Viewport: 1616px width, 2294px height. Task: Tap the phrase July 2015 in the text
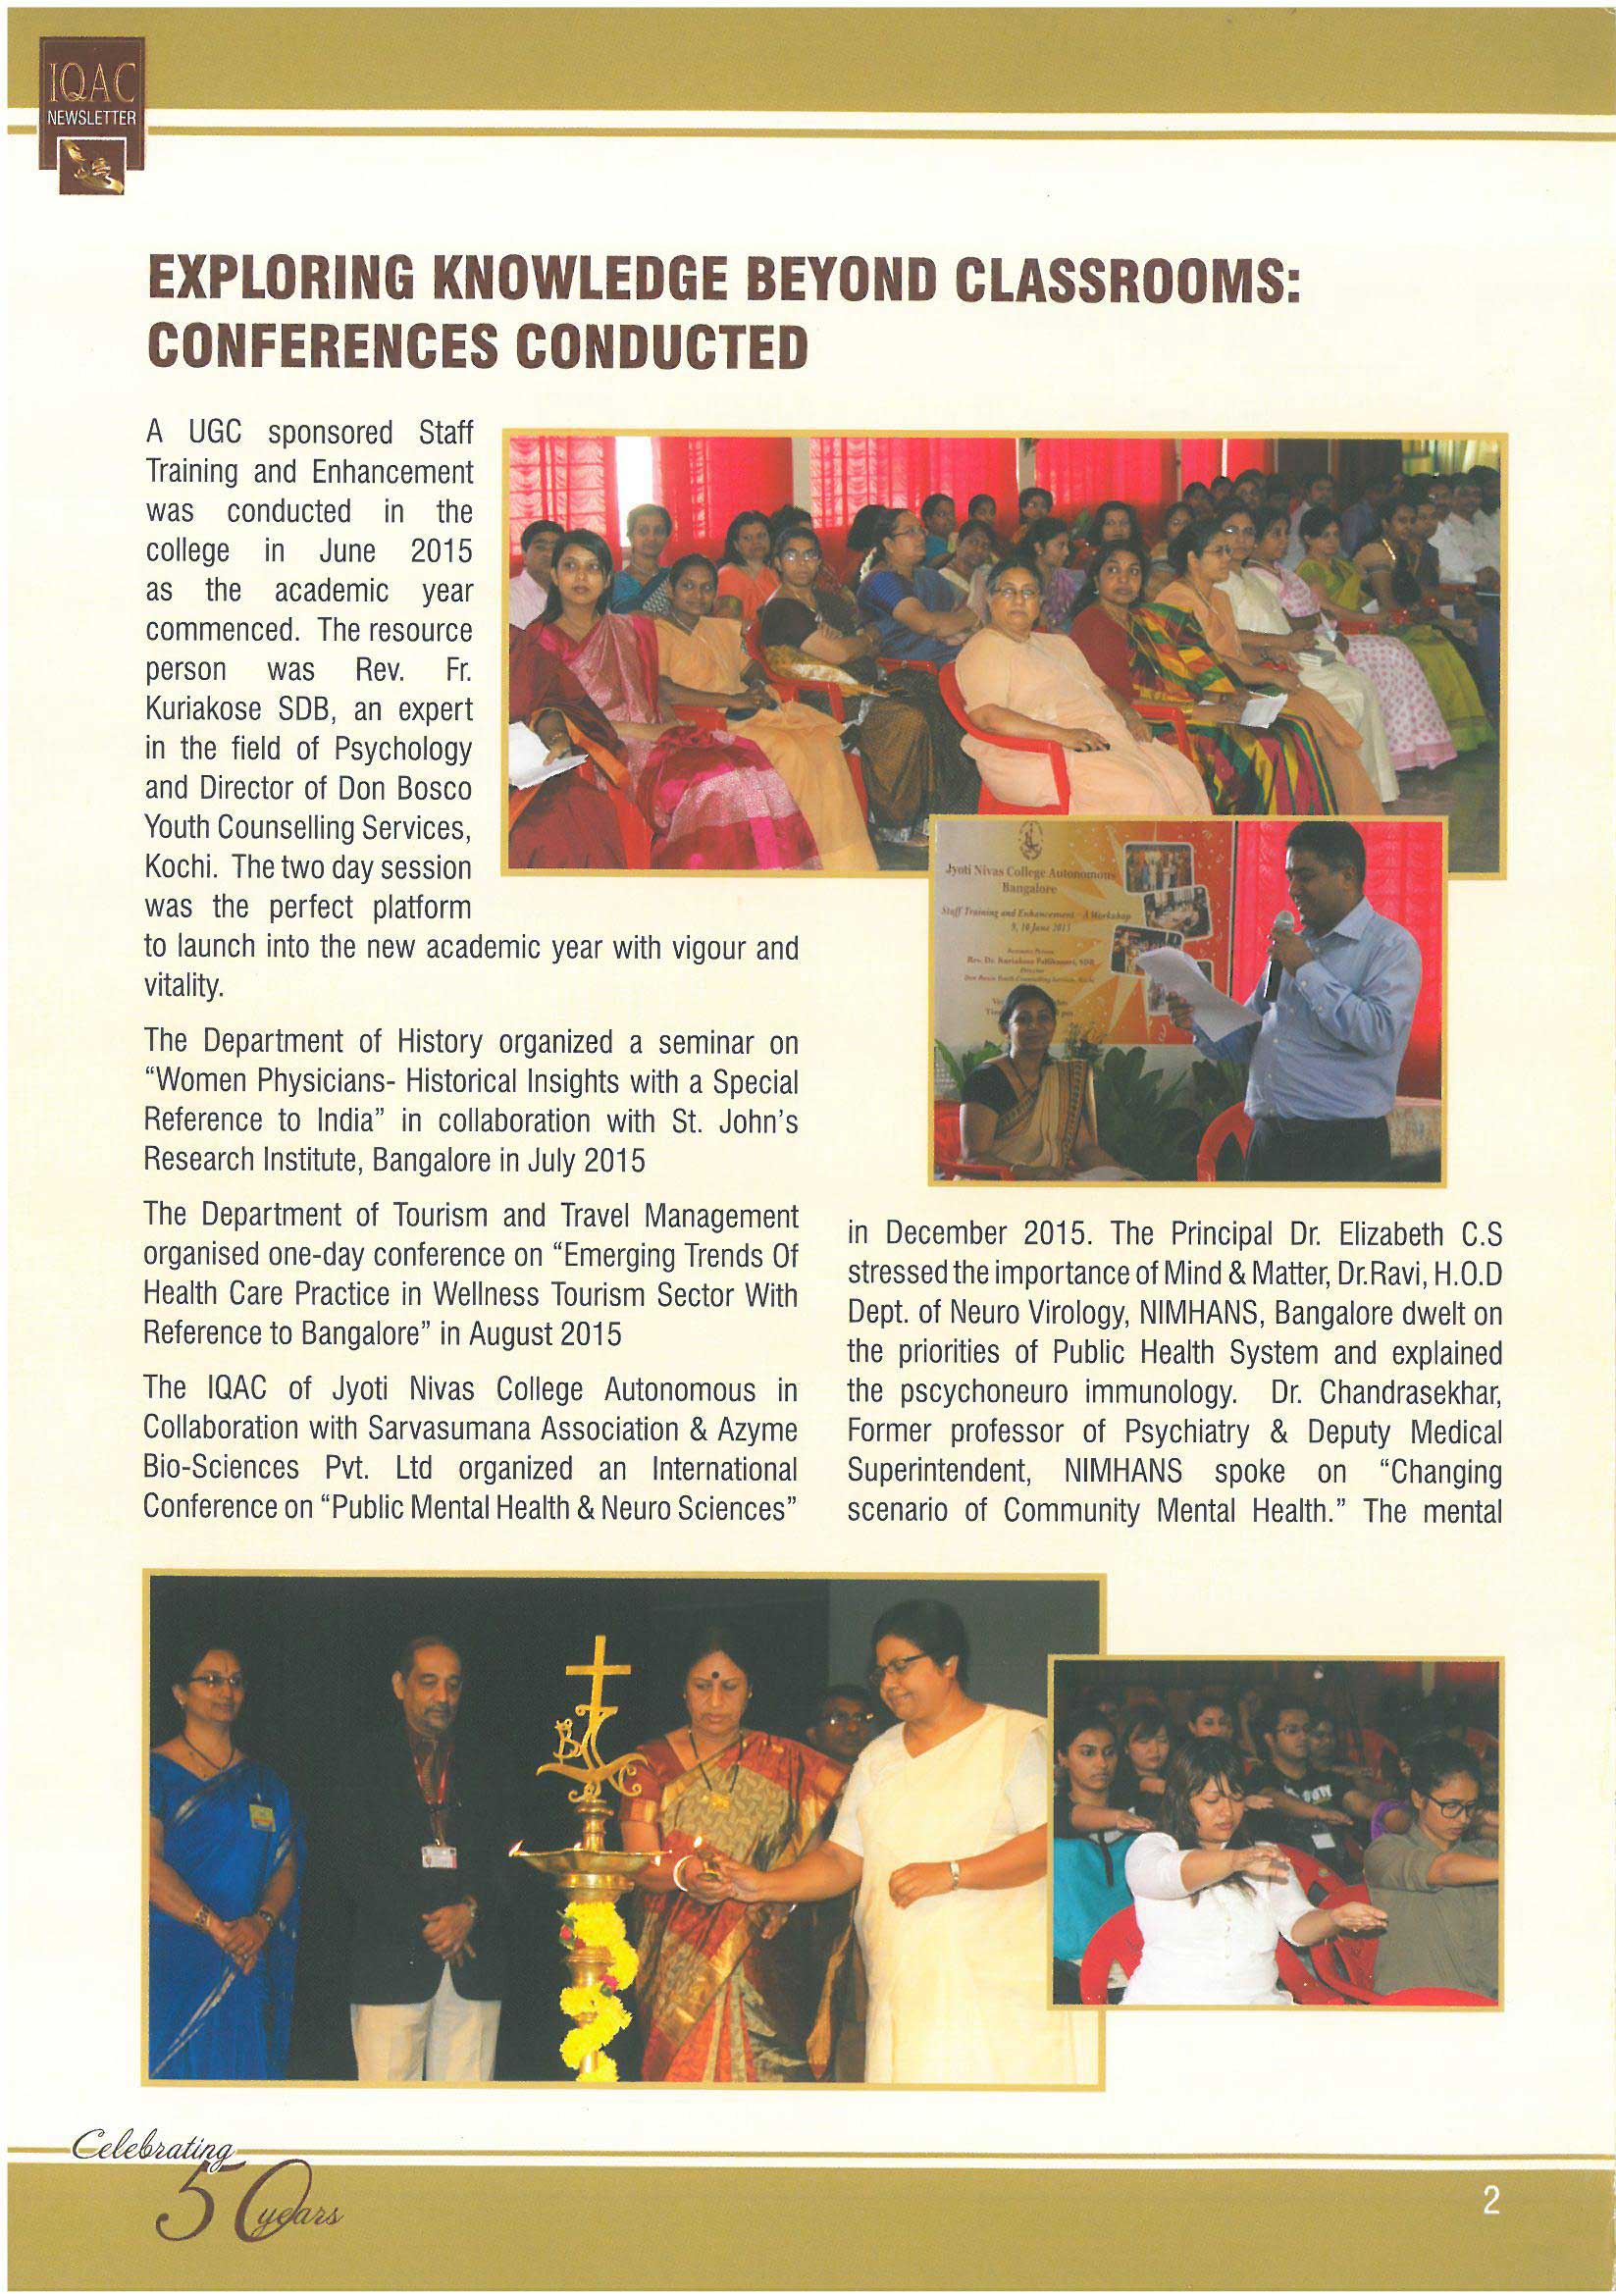pyautogui.click(x=583, y=1160)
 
